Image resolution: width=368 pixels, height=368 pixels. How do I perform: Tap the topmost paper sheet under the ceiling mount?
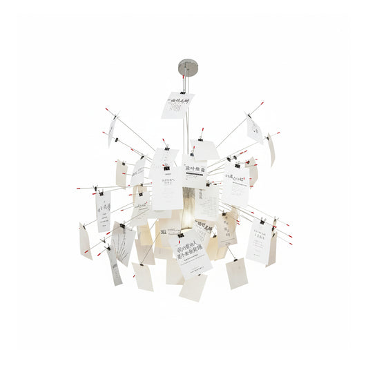[x=177, y=106]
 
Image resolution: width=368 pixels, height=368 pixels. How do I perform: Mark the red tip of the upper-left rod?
[x=107, y=109]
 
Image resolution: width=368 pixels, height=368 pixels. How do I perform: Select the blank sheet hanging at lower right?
[x=237, y=273]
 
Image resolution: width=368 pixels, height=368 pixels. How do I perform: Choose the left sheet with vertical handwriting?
[x=104, y=211]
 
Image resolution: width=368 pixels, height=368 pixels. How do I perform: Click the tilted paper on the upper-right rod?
[x=255, y=128]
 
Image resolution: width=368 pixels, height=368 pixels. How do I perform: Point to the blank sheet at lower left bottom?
[x=143, y=276]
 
